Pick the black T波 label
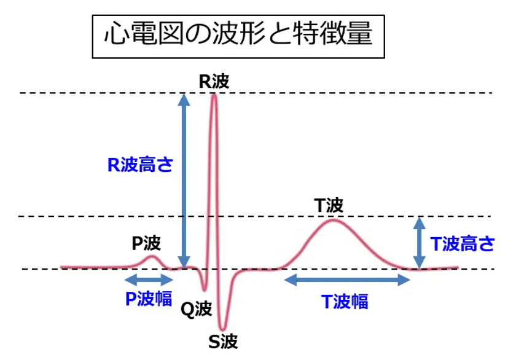(329, 206)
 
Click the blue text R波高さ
(141, 165)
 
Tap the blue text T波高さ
(462, 245)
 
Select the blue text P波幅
(148, 299)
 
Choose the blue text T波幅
(345, 301)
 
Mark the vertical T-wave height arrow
(419, 243)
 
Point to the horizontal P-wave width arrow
(148, 280)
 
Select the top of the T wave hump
(333, 219)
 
